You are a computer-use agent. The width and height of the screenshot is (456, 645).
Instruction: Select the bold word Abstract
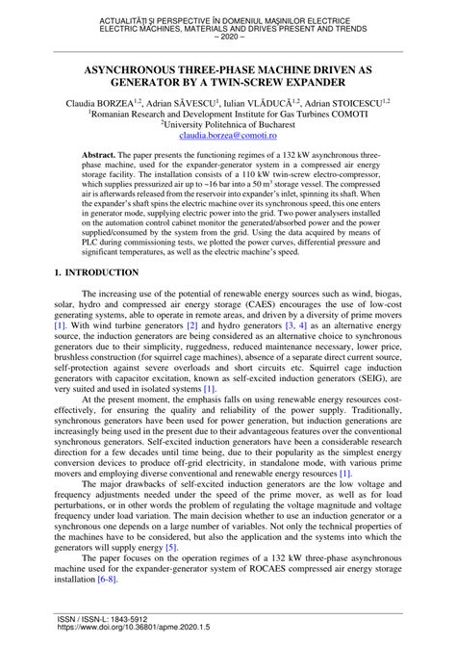click(99, 154)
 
